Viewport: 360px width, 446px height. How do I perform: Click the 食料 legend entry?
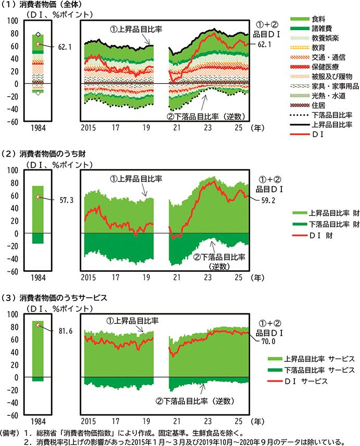(x=318, y=18)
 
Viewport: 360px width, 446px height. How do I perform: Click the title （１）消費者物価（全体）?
(x=35, y=5)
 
